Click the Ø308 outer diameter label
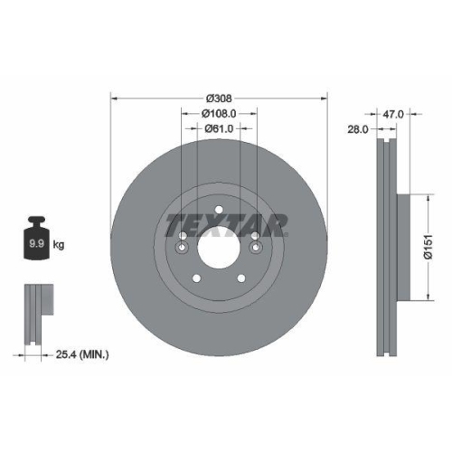[x=218, y=98]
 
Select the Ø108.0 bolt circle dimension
[x=218, y=113]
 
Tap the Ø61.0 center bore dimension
[x=218, y=128]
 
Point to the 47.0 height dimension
[x=393, y=115]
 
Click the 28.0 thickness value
[x=358, y=130]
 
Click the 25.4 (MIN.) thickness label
[x=81, y=355]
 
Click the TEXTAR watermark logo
[x=226, y=224]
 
